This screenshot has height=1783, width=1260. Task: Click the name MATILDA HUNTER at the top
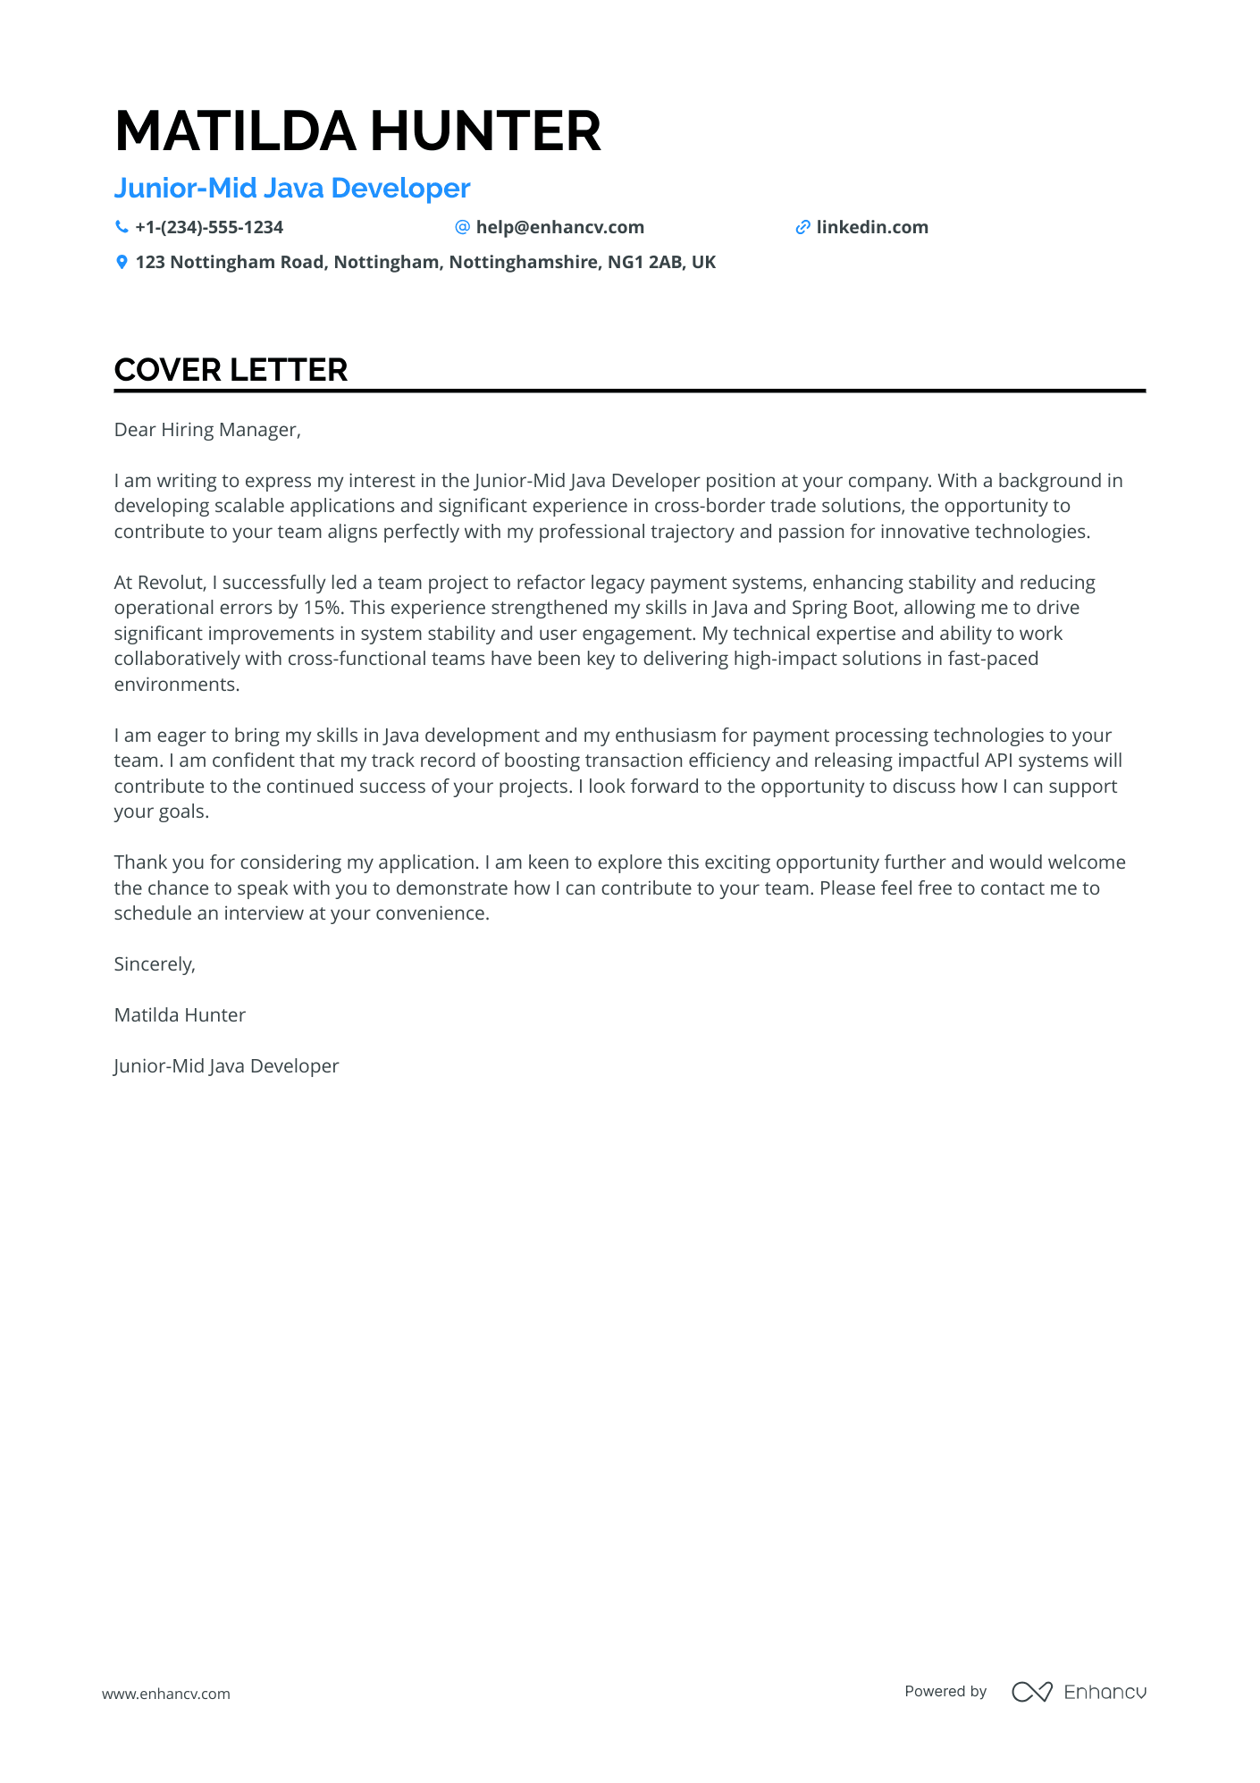[357, 131]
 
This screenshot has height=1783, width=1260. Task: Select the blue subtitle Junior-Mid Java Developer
[292, 189]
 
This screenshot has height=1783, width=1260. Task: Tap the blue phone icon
[122, 227]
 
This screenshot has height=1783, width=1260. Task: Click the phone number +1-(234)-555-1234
[209, 228]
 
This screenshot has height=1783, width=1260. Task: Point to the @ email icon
[462, 227]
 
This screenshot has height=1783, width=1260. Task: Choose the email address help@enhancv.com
[559, 228]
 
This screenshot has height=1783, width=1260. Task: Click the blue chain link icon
[802, 228]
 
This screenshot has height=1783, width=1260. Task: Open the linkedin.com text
[872, 228]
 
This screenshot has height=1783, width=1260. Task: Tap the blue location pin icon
[122, 263]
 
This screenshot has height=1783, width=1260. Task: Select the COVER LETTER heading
[231, 370]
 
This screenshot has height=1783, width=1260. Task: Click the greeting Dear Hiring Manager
[207, 430]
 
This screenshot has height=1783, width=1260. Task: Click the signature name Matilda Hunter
[180, 1015]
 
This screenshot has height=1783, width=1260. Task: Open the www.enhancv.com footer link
[166, 1694]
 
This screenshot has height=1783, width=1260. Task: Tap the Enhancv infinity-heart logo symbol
[1032, 1692]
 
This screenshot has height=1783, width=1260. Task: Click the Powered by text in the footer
[945, 1692]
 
